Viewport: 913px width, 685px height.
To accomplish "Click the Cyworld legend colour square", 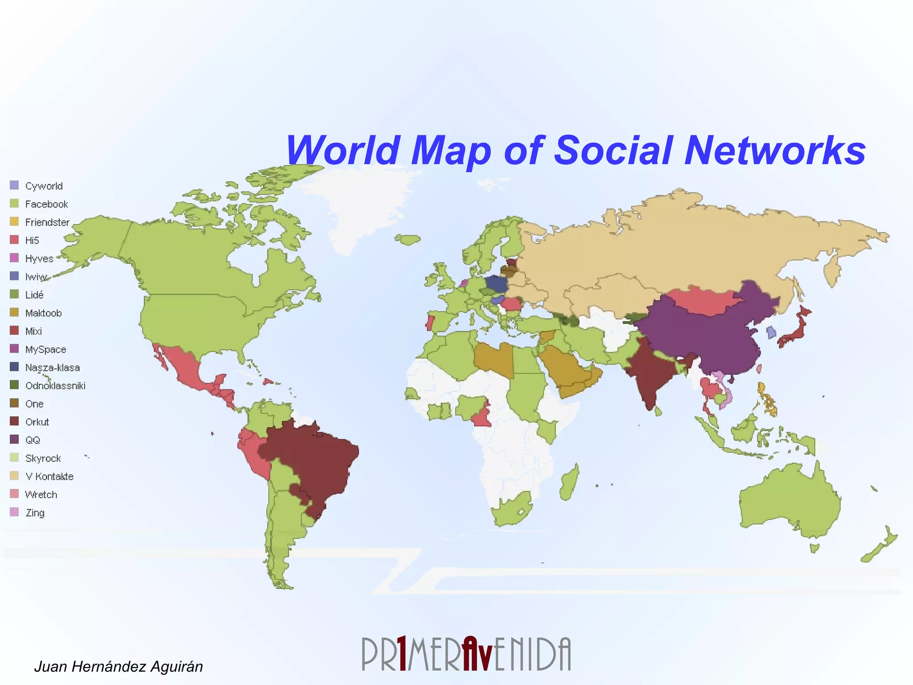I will point(14,185).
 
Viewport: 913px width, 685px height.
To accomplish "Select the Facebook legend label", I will point(46,204).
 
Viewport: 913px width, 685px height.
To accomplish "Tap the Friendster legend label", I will point(47,222).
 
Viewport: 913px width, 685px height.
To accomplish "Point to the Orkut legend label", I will point(37,422).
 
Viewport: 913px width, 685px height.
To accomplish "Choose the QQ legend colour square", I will point(14,439).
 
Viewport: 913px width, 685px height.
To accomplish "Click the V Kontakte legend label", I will point(49,476).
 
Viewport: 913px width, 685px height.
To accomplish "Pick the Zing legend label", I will point(35,513).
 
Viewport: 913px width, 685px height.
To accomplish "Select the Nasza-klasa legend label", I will point(53,367).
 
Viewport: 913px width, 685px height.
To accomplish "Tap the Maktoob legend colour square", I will point(14,312).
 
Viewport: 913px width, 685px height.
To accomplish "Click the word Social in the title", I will point(613,150).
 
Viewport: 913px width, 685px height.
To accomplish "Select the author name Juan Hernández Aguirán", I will point(119,666).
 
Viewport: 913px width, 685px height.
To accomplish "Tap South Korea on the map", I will point(771,332).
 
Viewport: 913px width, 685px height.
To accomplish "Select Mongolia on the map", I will point(700,299).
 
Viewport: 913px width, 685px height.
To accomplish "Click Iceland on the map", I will point(408,240).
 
